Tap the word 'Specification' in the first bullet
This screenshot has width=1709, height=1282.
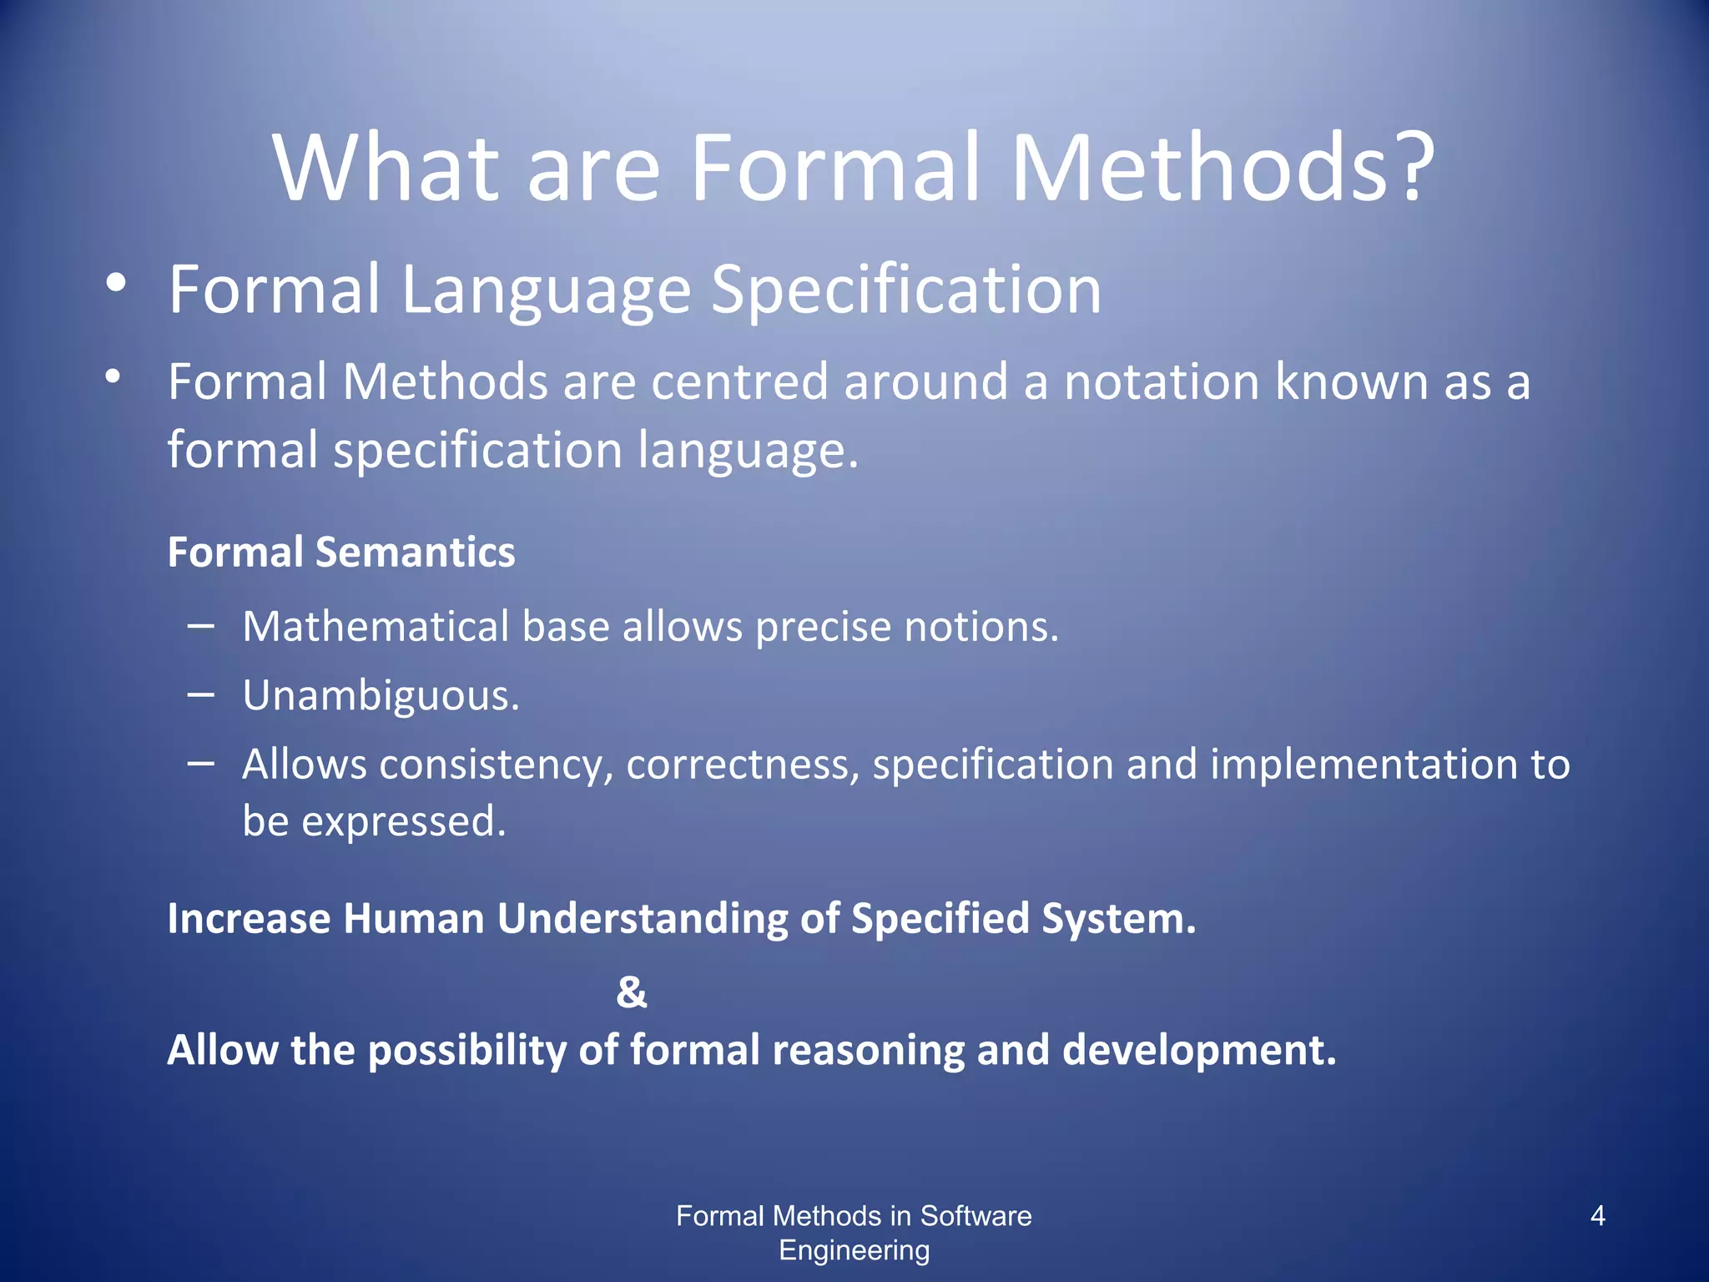[x=906, y=290]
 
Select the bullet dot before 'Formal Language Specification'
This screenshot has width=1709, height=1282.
[x=116, y=283]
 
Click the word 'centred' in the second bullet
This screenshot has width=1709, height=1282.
[x=739, y=382]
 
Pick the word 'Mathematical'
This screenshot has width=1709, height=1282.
[x=375, y=626]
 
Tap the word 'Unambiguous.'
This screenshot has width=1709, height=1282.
[x=381, y=695]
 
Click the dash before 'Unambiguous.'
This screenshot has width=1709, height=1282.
[x=201, y=694]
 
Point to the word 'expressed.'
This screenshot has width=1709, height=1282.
[x=403, y=821]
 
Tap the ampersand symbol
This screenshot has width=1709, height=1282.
[x=632, y=992]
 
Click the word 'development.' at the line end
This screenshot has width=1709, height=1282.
[x=1199, y=1050]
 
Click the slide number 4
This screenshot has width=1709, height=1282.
[x=1597, y=1216]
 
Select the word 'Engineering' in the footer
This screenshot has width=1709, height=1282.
[x=854, y=1250]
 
